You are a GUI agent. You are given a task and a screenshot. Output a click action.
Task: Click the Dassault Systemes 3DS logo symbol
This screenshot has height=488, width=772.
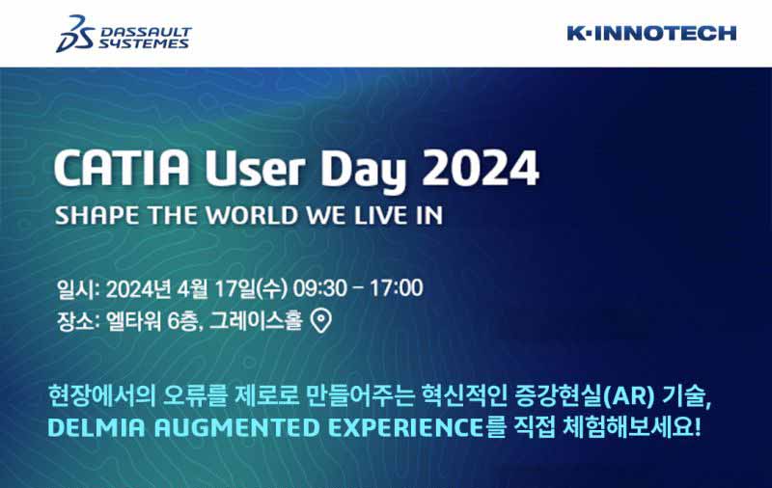pos(75,34)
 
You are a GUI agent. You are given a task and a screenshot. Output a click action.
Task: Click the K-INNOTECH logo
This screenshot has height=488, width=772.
pos(651,34)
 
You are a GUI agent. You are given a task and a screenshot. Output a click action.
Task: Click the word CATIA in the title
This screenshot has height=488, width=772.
pos(122,168)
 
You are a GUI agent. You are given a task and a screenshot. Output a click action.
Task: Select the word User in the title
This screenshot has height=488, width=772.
pos(255,168)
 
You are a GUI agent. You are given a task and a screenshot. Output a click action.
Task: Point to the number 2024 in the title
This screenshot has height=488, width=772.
pos(481,168)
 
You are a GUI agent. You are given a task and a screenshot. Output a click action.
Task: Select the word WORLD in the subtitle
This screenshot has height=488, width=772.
pos(252,215)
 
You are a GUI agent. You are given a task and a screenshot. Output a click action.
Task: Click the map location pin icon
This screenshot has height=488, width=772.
pos(321,321)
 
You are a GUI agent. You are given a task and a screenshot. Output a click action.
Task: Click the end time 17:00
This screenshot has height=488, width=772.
pos(397,288)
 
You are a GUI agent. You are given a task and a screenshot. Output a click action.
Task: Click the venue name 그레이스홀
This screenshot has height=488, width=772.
pos(256,321)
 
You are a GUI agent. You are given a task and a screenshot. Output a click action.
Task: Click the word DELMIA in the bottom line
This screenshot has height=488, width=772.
pos(97,427)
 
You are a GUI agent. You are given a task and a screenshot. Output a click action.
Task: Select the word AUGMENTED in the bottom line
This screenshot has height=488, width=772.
pos(236,427)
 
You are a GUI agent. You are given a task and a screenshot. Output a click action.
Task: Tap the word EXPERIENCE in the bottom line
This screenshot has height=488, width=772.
pos(405,427)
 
